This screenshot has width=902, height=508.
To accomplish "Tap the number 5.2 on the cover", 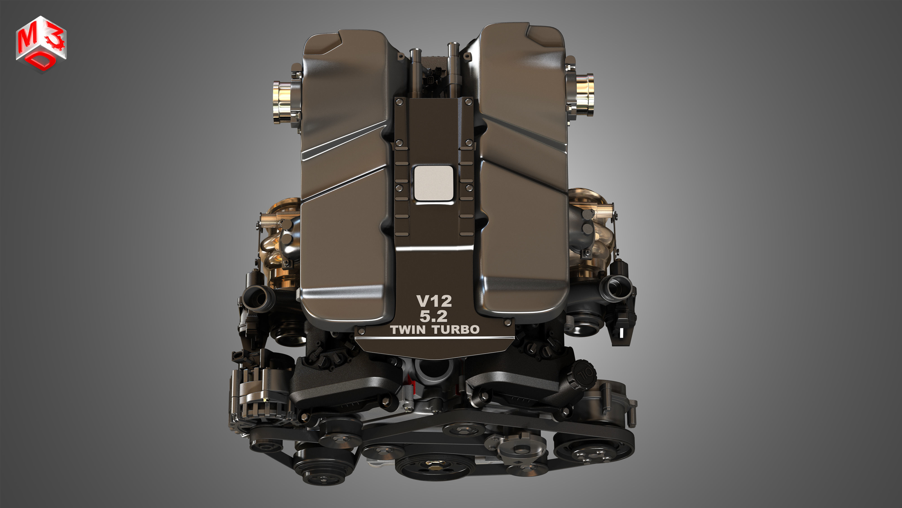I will pos(433,316).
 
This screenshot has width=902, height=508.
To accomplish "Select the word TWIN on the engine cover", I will pos(408,330).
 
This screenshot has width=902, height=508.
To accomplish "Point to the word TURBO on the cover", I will pos(456,330).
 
